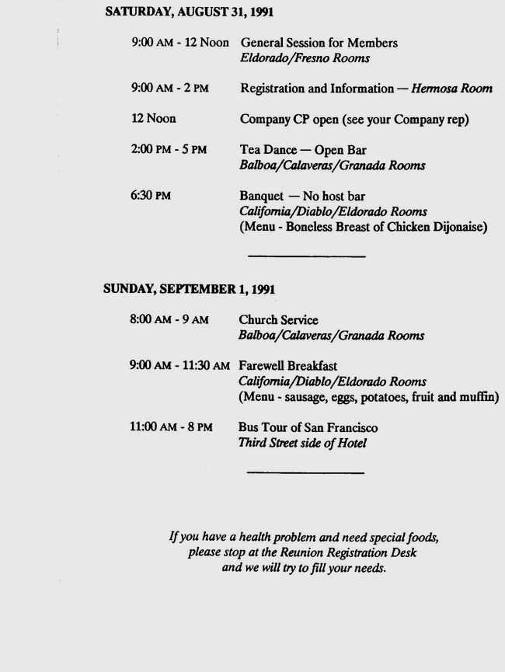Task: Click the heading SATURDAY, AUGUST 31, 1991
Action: tap(189, 12)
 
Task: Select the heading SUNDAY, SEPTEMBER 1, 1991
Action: tap(189, 289)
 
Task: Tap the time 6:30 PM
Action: tap(151, 197)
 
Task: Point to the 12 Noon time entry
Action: tap(154, 119)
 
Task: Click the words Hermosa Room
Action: tap(451, 89)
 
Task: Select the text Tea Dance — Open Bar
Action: tap(302, 150)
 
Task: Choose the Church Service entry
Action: tap(278, 320)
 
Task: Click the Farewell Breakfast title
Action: tap(287, 366)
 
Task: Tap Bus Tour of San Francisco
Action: tap(308, 428)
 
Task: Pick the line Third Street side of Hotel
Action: tap(301, 444)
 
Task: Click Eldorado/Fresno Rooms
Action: tap(305, 58)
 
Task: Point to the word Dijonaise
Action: tap(458, 227)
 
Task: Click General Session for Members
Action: tap(319, 43)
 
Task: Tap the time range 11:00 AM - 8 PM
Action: tap(171, 428)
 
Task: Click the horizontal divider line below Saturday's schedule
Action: tap(306, 256)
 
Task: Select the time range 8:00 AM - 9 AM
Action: tap(169, 320)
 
